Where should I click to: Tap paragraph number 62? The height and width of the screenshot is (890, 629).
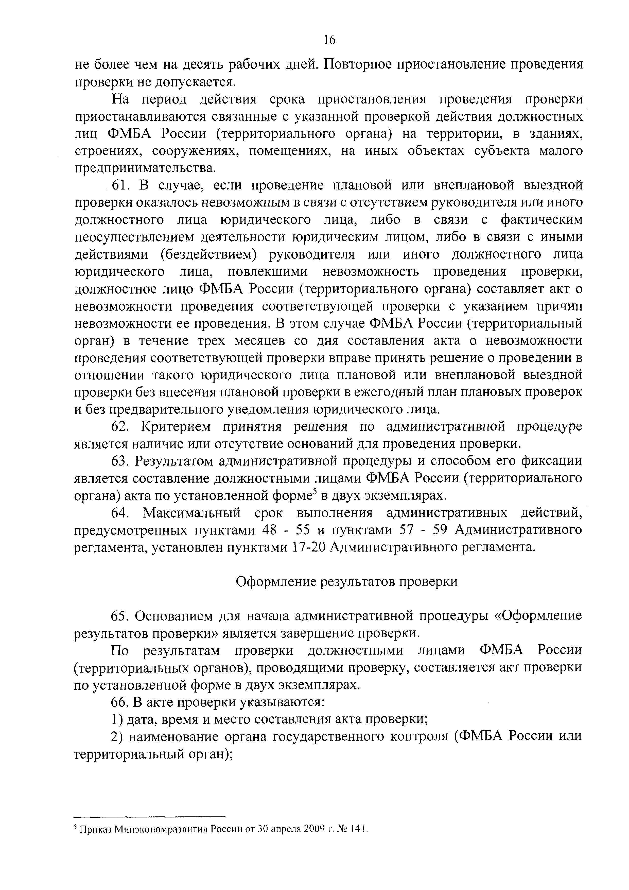pos(119,426)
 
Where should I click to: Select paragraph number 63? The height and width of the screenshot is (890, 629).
pos(119,461)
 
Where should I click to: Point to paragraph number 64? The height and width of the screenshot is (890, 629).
pos(119,513)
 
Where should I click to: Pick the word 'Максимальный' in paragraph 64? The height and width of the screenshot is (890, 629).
pos(192,514)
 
